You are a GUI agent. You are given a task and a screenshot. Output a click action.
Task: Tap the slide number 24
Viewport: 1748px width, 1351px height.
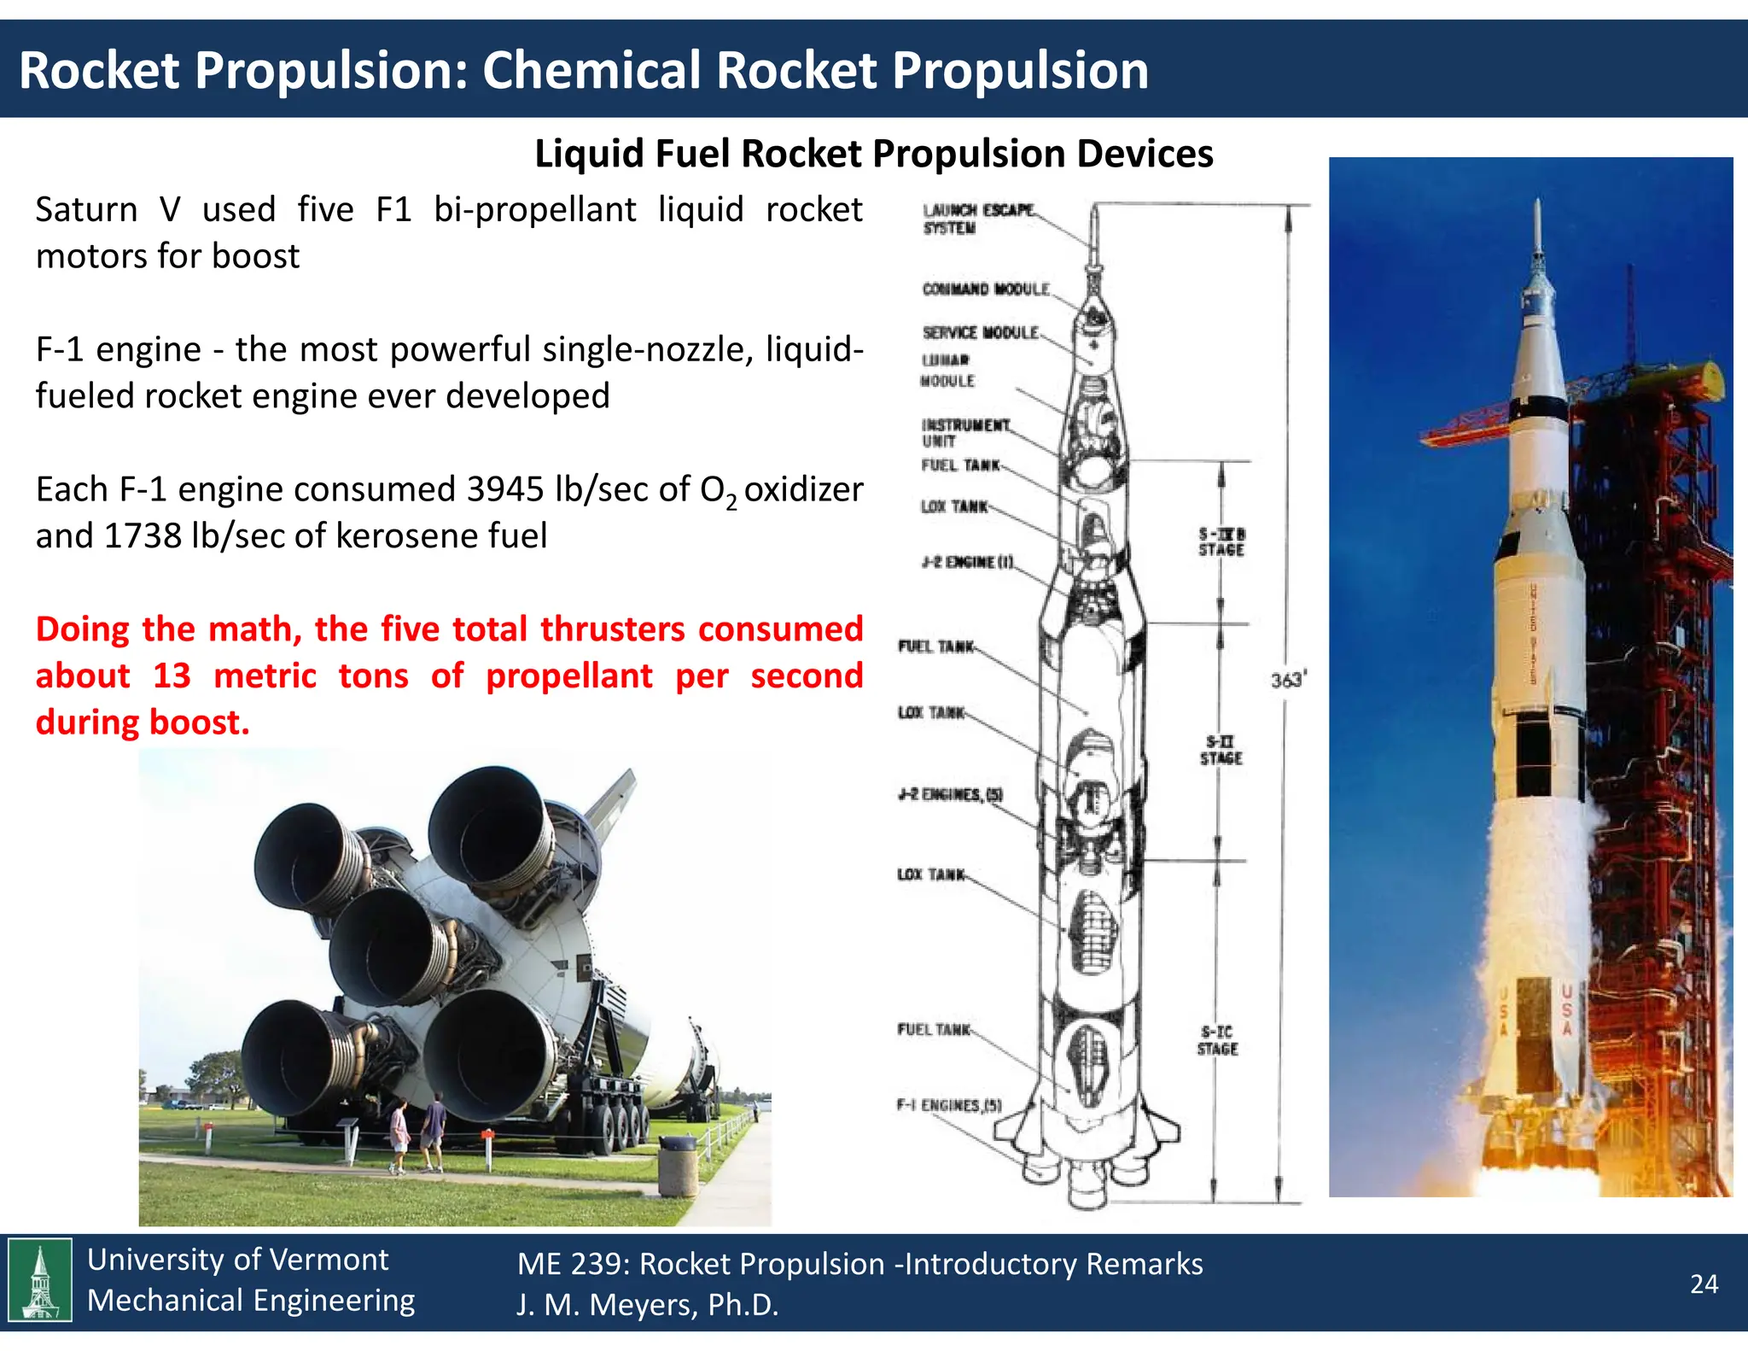(1704, 1284)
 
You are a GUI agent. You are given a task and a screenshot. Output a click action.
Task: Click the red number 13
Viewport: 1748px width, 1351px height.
(172, 675)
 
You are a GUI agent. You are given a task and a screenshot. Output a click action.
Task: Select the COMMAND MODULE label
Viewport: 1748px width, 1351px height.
(985, 289)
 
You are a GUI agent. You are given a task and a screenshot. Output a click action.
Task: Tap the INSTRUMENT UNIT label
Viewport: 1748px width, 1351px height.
(964, 432)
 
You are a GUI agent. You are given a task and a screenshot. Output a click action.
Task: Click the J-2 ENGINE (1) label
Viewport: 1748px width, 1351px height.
(967, 562)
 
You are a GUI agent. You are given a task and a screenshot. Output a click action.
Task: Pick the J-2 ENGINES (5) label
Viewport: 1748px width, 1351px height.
(950, 794)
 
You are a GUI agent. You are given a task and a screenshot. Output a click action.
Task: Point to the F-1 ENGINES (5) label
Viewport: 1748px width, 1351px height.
(948, 1105)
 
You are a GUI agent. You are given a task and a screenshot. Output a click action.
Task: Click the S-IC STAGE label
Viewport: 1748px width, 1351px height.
(1217, 1040)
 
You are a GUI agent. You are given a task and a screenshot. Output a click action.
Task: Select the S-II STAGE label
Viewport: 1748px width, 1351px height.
(1221, 750)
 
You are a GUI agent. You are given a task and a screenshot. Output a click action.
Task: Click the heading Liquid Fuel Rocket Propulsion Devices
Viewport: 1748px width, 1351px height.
(873, 155)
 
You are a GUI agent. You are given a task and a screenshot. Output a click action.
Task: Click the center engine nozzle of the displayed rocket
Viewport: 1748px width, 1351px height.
(382, 946)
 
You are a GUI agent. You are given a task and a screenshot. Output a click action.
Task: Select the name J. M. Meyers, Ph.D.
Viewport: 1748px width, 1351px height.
(647, 1304)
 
